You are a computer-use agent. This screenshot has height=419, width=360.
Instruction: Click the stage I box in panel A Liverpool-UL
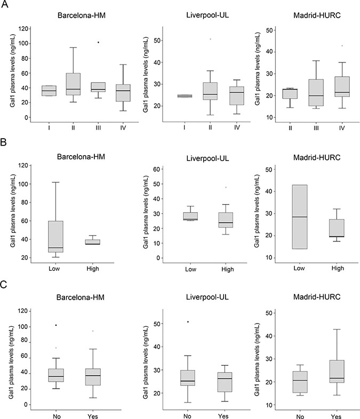coord(184,96)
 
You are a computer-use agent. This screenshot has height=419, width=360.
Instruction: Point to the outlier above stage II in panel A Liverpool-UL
coord(210,39)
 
